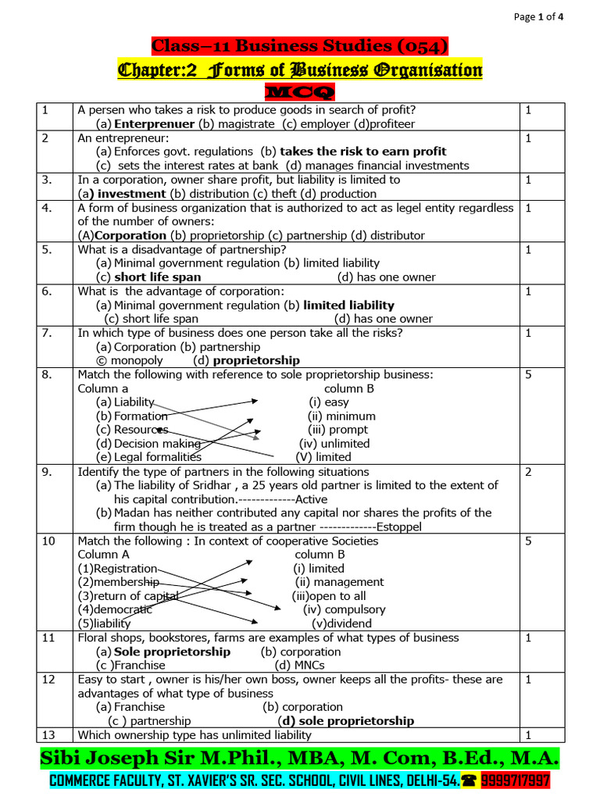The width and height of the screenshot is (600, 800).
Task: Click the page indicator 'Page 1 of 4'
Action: tap(548, 16)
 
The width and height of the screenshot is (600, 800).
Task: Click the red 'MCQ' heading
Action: tap(299, 93)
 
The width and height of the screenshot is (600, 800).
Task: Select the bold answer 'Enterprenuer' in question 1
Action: tap(154, 123)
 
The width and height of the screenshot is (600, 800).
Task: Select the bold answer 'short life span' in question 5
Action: tap(157, 277)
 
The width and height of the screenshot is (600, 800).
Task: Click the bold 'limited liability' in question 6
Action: tap(348, 305)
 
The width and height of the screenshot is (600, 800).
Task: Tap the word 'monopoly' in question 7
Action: tap(137, 360)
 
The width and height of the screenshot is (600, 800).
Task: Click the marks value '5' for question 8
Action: tap(529, 374)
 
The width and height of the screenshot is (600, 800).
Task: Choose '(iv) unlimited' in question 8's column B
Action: tap(334, 443)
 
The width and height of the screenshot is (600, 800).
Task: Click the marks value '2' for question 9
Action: tap(529, 472)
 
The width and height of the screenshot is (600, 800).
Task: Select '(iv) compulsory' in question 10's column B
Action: tap(344, 609)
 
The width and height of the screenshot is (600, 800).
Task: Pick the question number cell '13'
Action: tap(48, 734)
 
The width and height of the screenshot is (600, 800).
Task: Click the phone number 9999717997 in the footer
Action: tap(516, 780)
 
